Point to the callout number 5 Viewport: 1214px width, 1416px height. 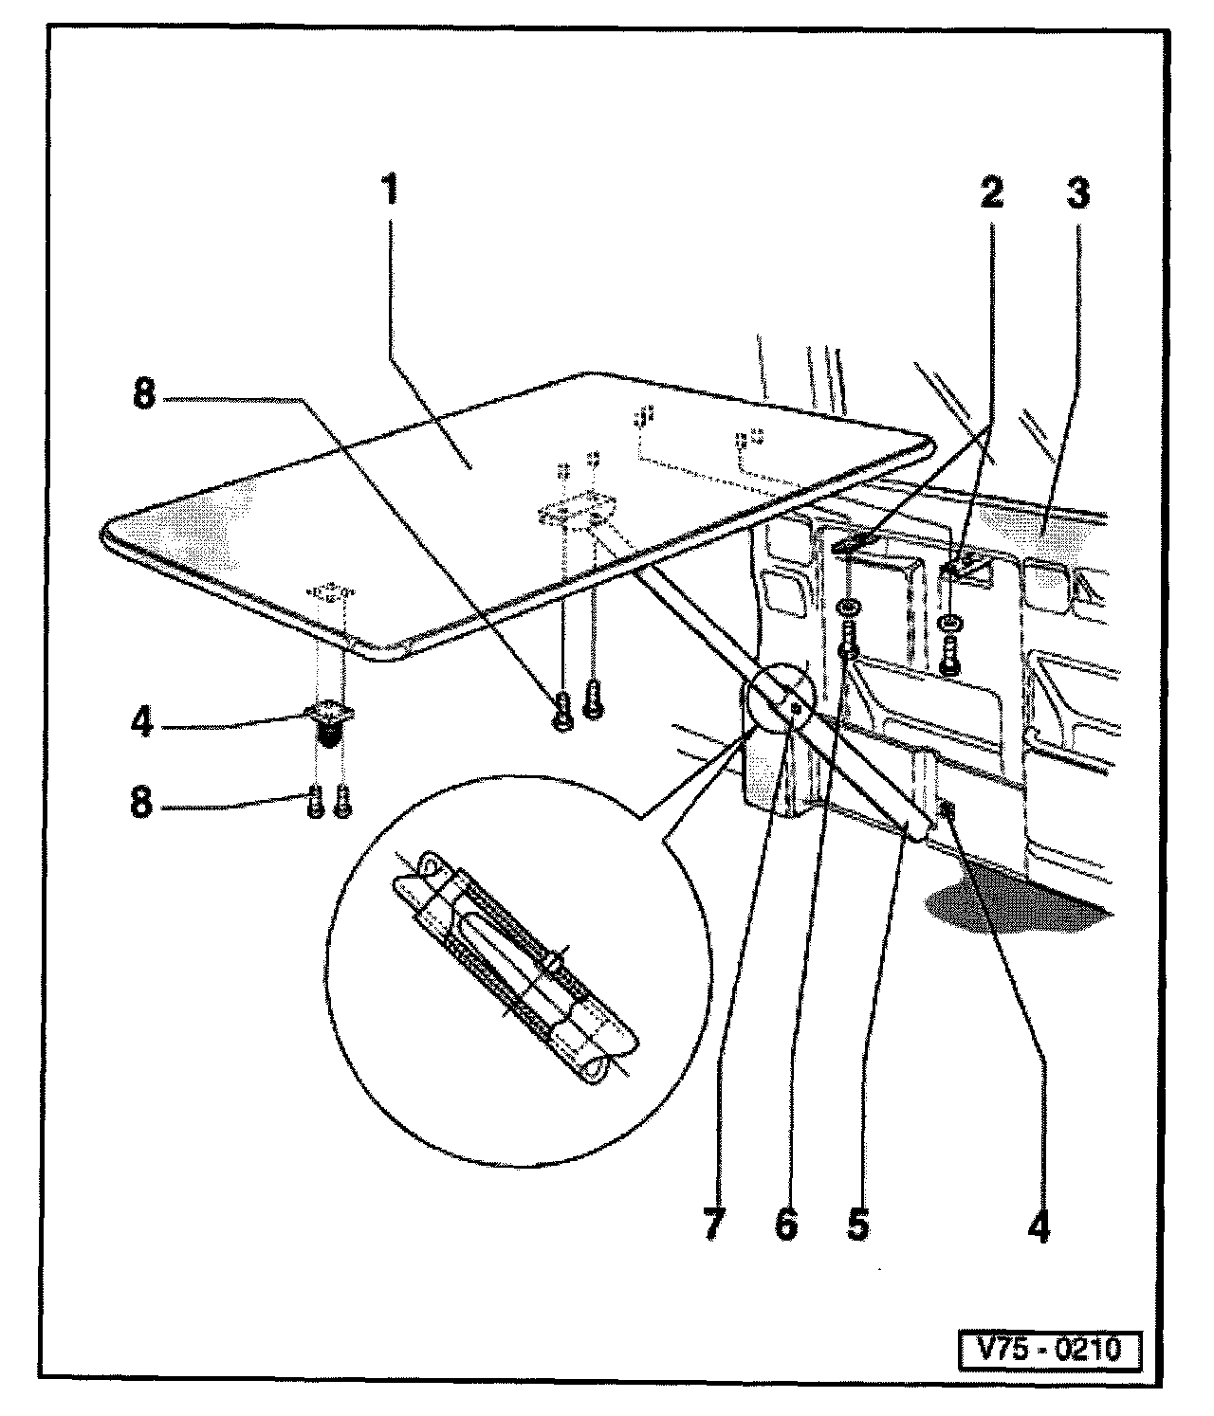tap(856, 1224)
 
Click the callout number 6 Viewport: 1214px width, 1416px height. tap(785, 1224)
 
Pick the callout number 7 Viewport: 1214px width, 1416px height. tap(713, 1224)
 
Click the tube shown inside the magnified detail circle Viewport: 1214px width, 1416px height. tap(517, 967)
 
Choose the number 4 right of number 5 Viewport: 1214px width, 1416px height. tap(1039, 1224)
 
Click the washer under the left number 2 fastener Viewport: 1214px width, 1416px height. tap(851, 607)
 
